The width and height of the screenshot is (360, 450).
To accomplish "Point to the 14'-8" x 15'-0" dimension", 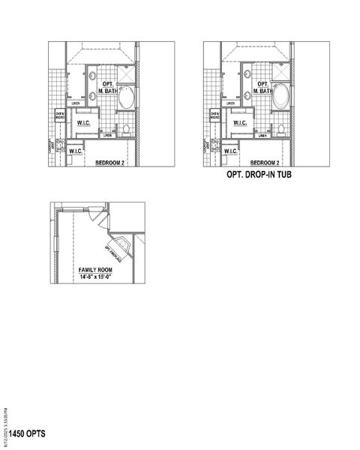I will coord(95,277).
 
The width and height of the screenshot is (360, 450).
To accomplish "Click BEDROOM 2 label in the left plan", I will coord(110,163).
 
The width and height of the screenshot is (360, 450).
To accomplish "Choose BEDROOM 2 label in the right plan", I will coord(265,163).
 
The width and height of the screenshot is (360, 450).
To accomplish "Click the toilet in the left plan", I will coord(126,130).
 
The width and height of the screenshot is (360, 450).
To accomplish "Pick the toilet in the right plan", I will coord(280,130).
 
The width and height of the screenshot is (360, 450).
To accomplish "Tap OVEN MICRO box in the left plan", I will coord(61,115).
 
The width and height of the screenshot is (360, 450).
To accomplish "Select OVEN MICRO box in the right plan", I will coord(215,115).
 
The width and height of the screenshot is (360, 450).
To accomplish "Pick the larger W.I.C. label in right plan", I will coord(240,122).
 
